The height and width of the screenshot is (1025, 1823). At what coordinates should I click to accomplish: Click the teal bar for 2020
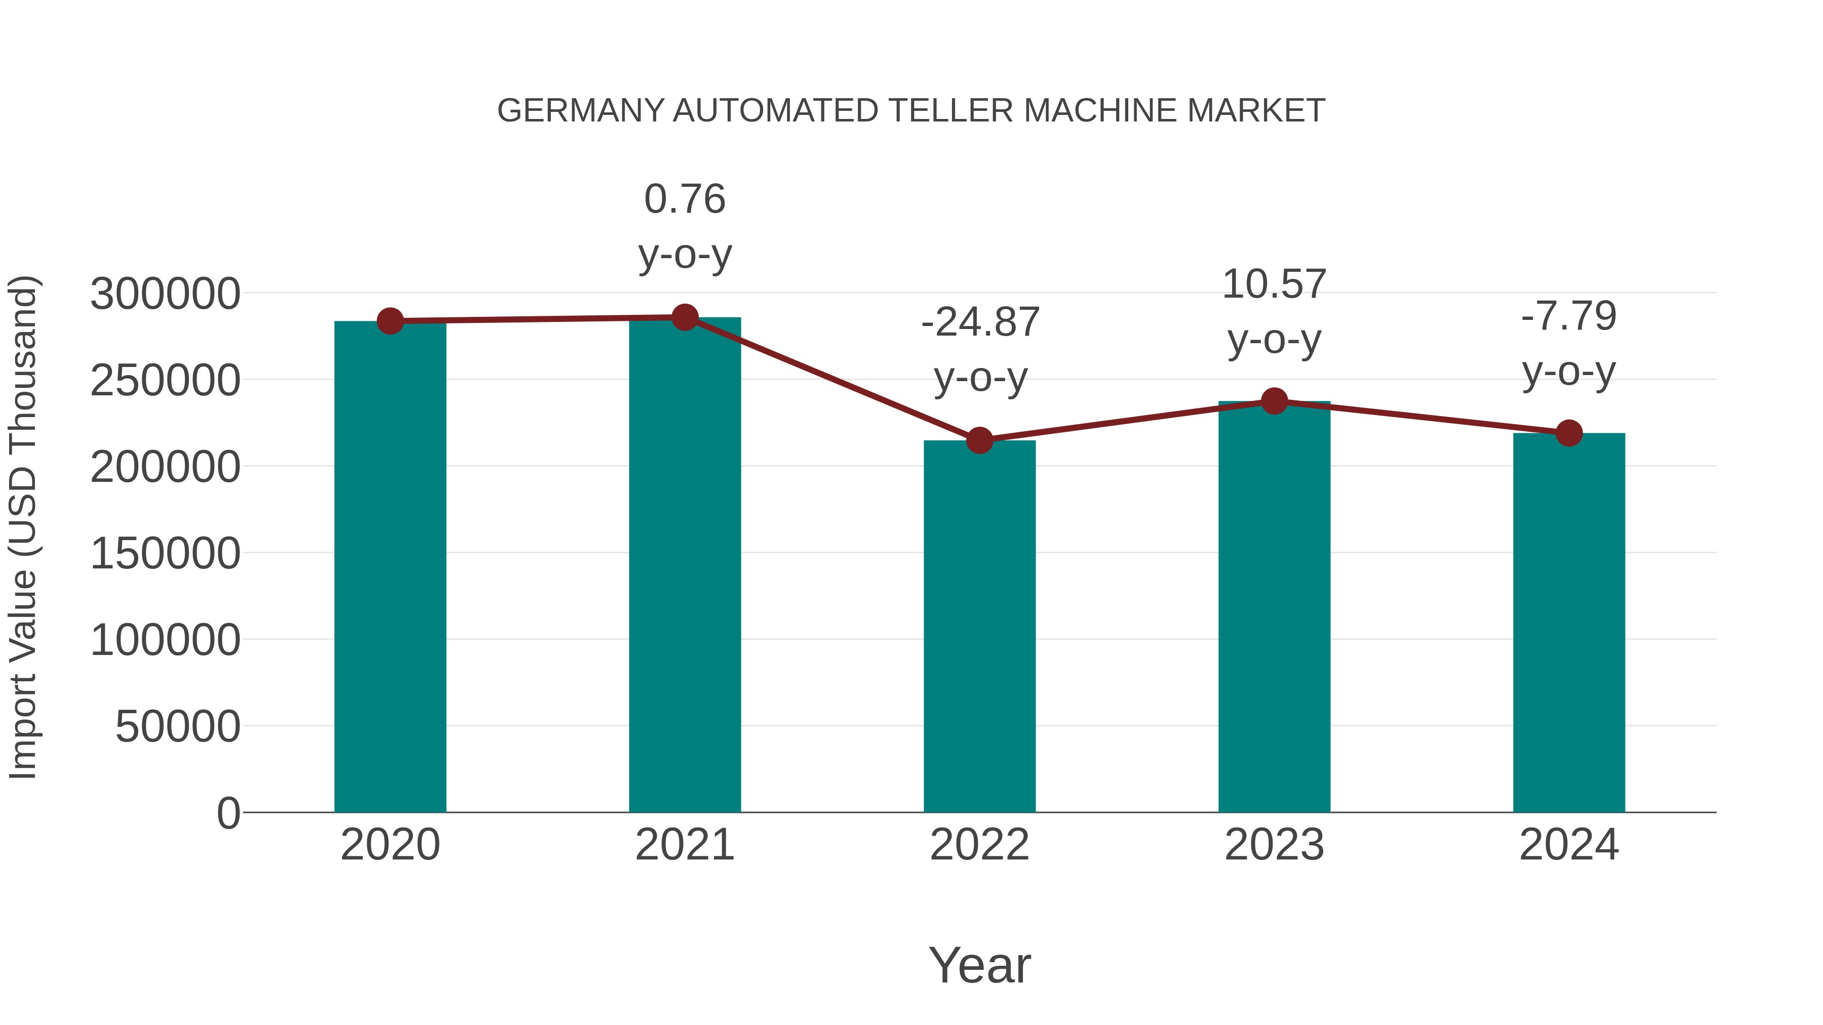pyautogui.click(x=390, y=566)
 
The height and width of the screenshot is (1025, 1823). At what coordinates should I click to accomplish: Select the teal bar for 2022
pyautogui.click(x=979, y=626)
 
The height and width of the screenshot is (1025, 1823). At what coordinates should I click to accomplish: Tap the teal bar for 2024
pyautogui.click(x=1569, y=623)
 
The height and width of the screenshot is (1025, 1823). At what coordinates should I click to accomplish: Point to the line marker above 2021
pyautogui.click(x=684, y=317)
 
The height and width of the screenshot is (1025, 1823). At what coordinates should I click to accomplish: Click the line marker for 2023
pyautogui.click(x=1274, y=401)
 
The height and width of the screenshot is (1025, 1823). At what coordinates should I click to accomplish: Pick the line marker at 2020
pyautogui.click(x=390, y=321)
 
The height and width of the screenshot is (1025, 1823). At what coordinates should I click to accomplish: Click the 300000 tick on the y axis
pyautogui.click(x=165, y=294)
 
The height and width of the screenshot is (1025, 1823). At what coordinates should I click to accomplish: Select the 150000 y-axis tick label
pyautogui.click(x=165, y=553)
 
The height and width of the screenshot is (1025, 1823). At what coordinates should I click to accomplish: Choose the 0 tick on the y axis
pyautogui.click(x=228, y=813)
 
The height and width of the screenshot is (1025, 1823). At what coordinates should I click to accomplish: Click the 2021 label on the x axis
pyautogui.click(x=684, y=845)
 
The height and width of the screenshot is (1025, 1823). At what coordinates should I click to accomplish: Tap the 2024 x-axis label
pyautogui.click(x=1569, y=845)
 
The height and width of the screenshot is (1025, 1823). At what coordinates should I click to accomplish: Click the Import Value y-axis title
pyautogui.click(x=23, y=527)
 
